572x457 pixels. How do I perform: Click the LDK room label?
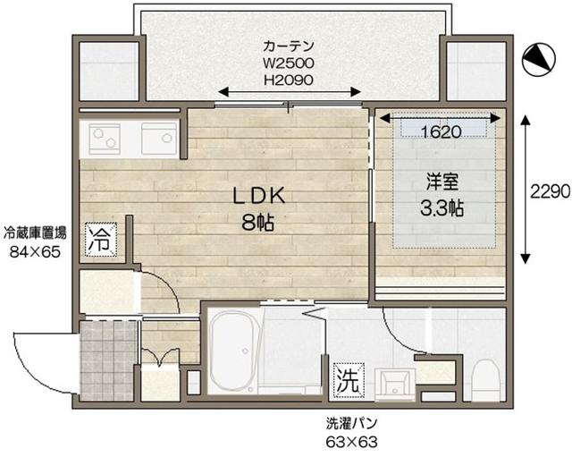(260, 195)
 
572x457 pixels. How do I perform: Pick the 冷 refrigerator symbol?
(101, 239)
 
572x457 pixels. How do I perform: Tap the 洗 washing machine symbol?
(347, 380)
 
